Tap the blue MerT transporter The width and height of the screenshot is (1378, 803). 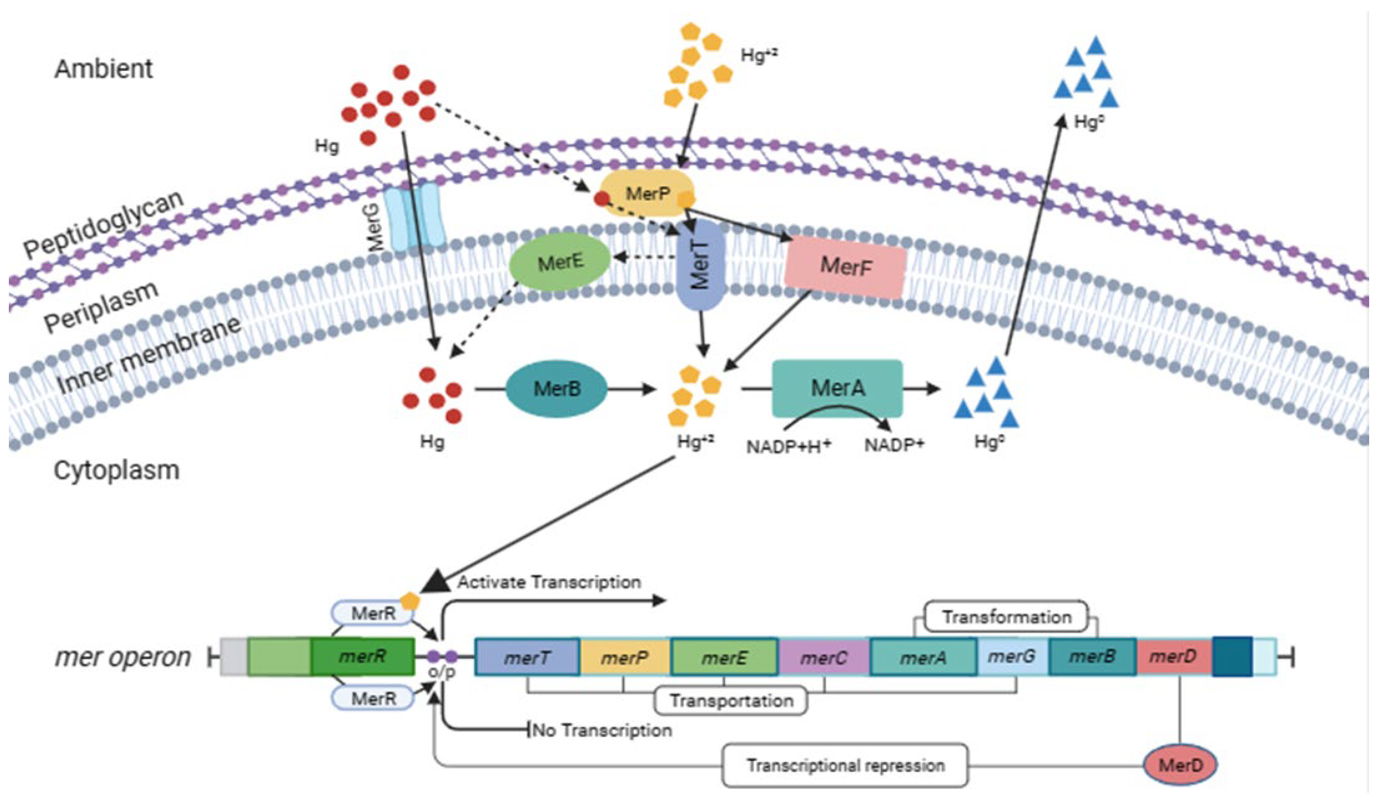pos(700,266)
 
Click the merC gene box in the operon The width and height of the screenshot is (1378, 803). pos(823,657)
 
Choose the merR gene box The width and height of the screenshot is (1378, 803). pos(362,656)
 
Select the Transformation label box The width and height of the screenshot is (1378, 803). pos(1006,617)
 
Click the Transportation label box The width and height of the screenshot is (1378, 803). pos(731,701)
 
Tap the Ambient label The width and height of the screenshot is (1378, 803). pos(103,69)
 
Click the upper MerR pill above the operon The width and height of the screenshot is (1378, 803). pos(373,613)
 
